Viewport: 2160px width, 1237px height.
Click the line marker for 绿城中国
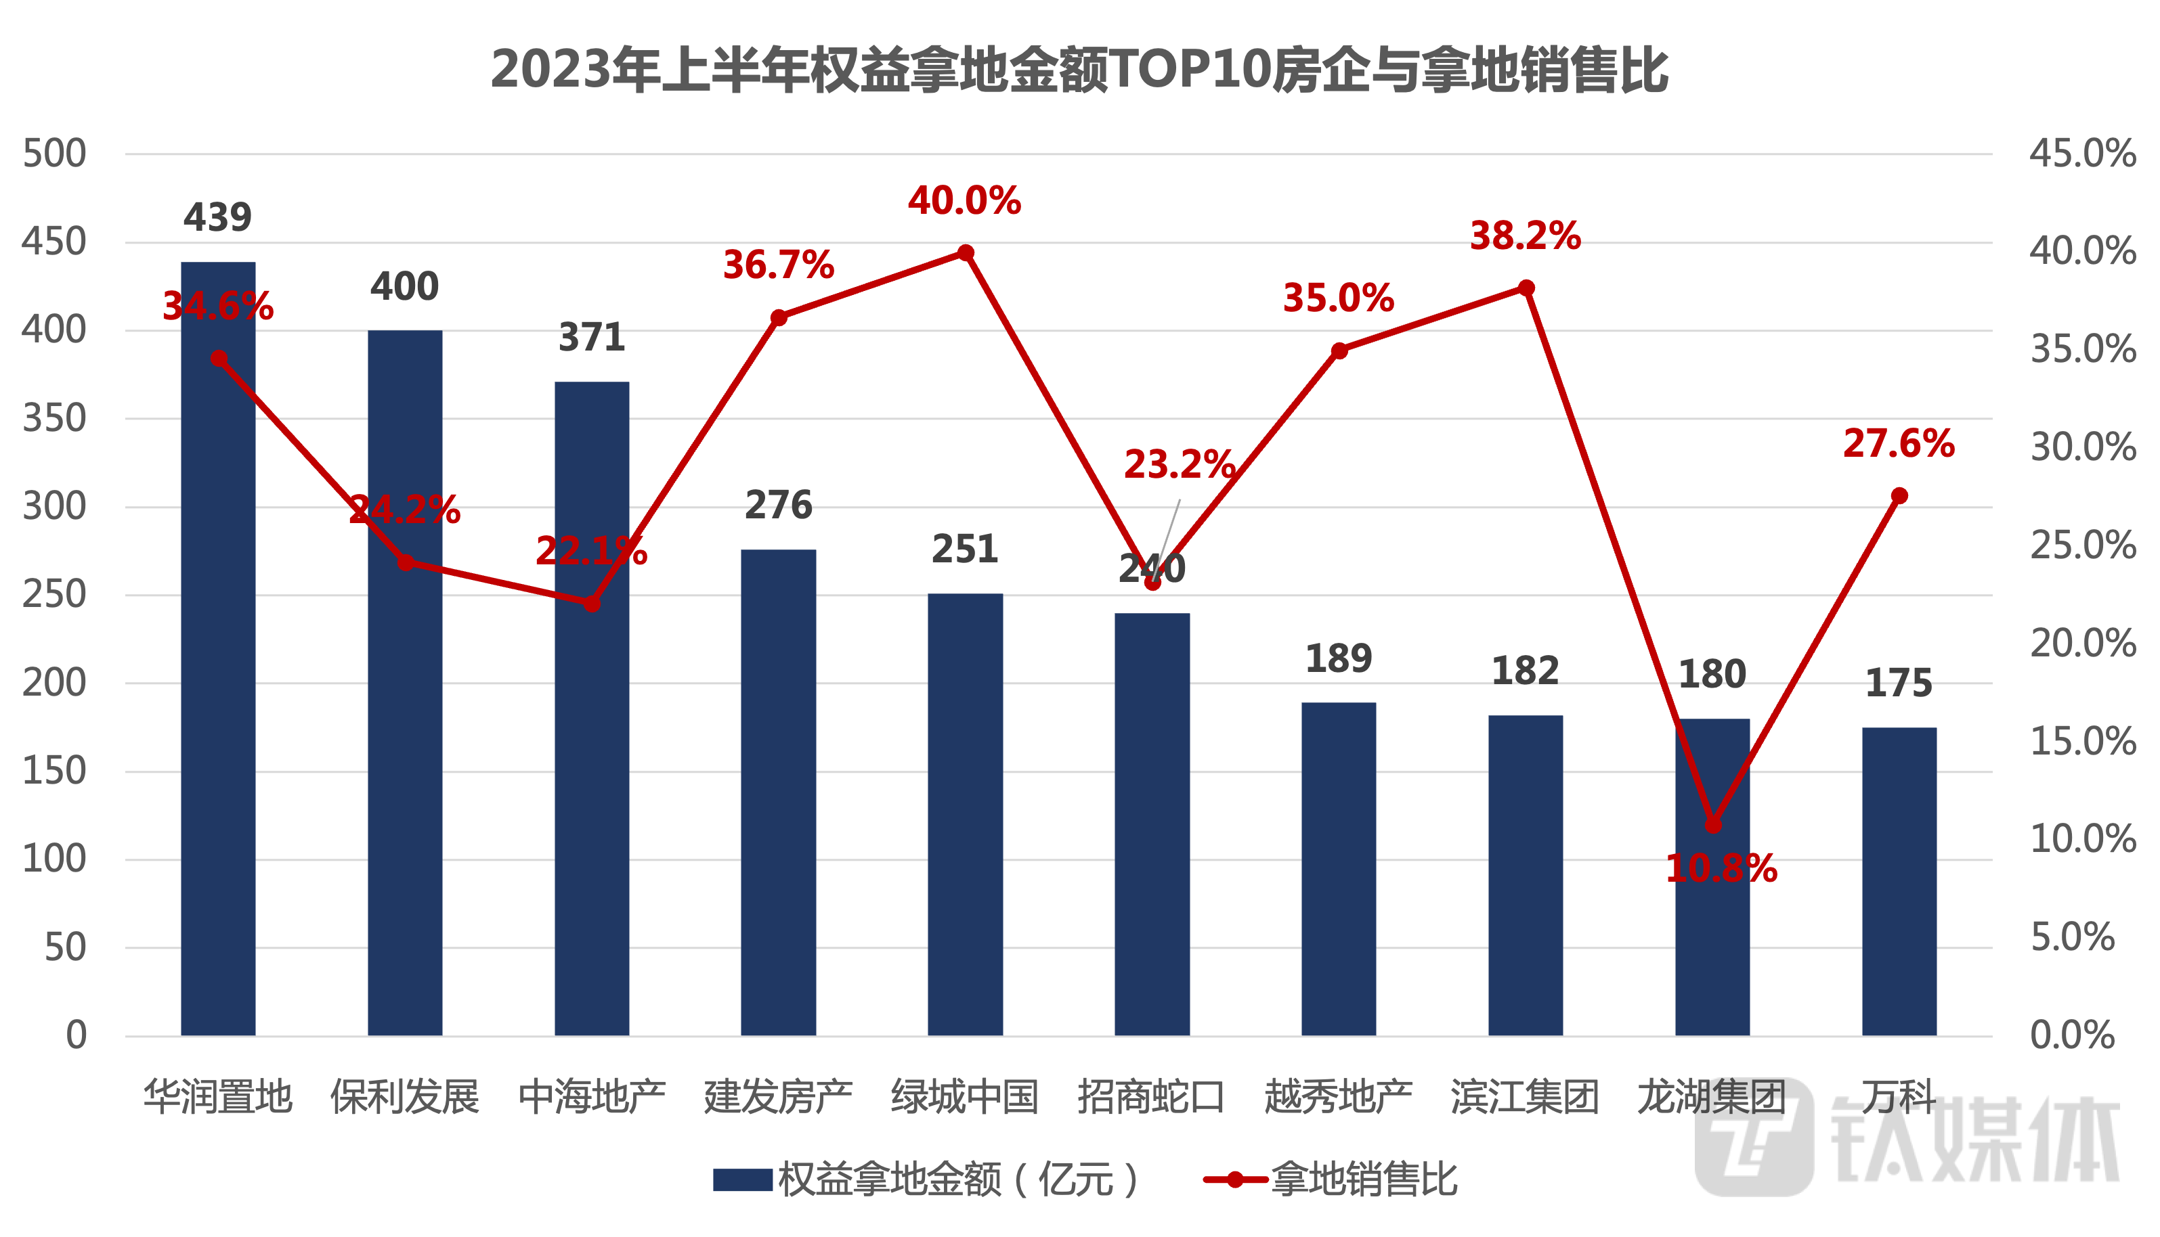(966, 253)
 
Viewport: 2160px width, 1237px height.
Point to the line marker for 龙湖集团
(1713, 825)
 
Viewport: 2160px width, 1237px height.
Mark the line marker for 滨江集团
(1526, 288)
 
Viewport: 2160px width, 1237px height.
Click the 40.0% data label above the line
(964, 202)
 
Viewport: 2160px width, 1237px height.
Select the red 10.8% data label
(1721, 868)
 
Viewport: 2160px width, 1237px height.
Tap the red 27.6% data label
(1898, 443)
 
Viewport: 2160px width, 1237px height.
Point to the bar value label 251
(964, 549)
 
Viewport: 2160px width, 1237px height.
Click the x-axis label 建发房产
(778, 1096)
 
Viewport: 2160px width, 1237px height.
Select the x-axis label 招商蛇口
(1151, 1096)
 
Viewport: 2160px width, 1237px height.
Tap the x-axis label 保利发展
(405, 1096)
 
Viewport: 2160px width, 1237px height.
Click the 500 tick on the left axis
(54, 154)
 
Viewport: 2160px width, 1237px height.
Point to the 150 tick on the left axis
(54, 771)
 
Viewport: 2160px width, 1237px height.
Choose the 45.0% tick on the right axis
(2083, 154)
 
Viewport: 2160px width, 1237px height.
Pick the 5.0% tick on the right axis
(2073, 937)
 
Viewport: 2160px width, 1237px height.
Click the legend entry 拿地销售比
(1364, 1179)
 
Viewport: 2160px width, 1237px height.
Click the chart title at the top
(1079, 70)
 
